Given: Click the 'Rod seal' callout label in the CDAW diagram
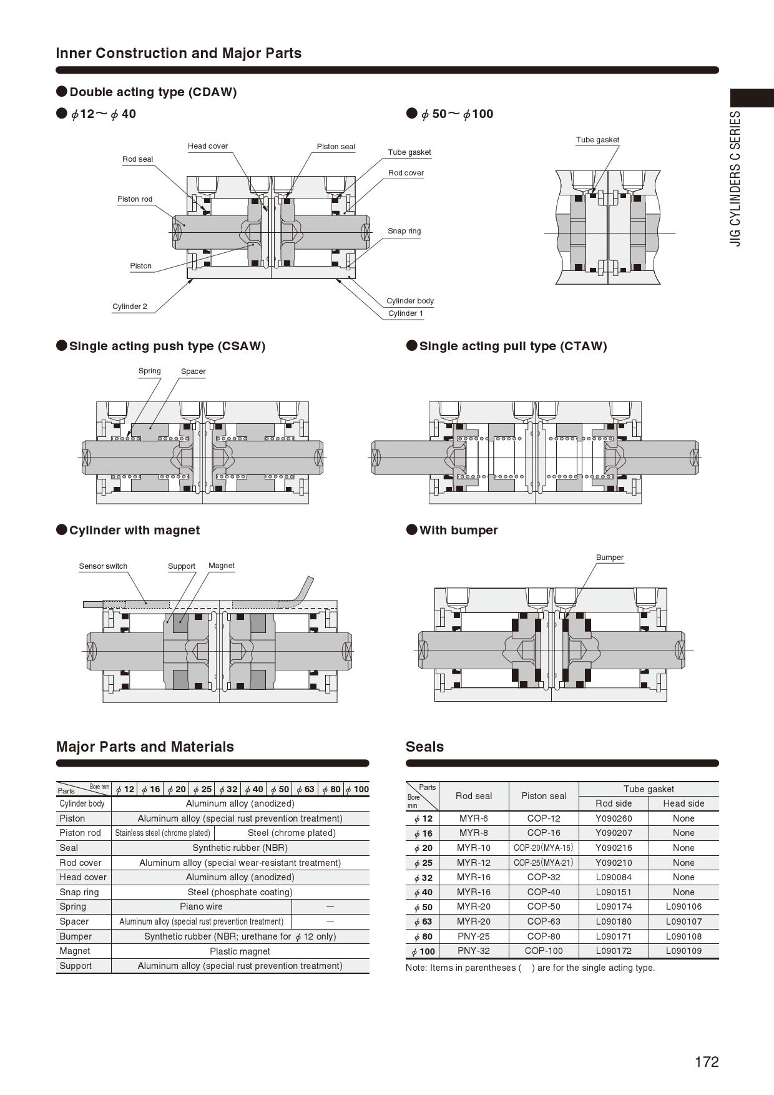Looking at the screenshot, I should tap(137, 159).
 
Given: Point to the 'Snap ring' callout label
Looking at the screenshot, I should tap(404, 231).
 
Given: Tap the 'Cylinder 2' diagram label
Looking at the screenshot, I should tap(130, 307).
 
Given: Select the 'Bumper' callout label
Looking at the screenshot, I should tap(609, 557).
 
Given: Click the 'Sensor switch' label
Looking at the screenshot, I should tap(103, 566).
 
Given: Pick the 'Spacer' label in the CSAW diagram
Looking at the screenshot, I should tap(193, 371).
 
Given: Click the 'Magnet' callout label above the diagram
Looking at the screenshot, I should tap(222, 566).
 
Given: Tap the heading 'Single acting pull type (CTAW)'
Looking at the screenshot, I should tap(512, 346).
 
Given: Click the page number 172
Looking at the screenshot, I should tap(707, 1062).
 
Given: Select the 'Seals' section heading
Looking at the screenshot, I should tap(424, 747).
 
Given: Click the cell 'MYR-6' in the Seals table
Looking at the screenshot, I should tap(474, 818).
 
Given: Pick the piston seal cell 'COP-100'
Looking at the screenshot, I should tap(544, 951).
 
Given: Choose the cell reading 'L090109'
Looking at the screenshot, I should tap(683, 951).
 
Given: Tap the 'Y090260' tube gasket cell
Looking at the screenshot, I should tap(614, 818).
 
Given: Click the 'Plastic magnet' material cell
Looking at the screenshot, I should tap(240, 951).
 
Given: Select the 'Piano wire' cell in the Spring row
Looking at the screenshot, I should tap(201, 906).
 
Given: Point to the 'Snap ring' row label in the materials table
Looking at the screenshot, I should tap(79, 892).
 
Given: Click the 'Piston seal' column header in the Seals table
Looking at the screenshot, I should tap(544, 796).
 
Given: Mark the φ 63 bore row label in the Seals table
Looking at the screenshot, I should tap(423, 921).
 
